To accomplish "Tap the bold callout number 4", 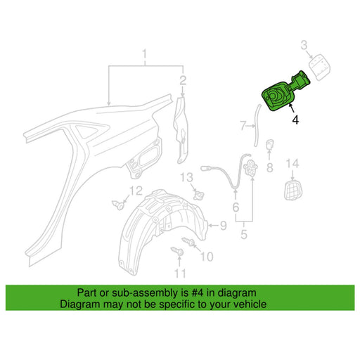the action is tap(295, 120).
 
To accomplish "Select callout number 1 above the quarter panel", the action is tap(145, 54).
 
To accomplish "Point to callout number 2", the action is tap(183, 80).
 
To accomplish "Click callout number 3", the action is tap(304, 45).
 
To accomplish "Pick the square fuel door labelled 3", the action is tap(320, 67).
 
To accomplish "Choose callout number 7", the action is tap(243, 125).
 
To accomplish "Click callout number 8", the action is tap(270, 167).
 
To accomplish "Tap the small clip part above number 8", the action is tap(270, 144).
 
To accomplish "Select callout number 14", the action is tap(292, 163).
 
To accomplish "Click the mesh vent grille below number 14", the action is tap(293, 190).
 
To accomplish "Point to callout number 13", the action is tap(186, 177).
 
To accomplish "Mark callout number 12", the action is tap(136, 191).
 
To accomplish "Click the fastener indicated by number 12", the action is tap(119, 205).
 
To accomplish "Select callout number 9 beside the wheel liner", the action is tap(223, 226).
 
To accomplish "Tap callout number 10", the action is tap(207, 257).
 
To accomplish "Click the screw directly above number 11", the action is tap(177, 251).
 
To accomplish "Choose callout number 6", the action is tap(236, 207).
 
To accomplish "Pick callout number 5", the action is tap(244, 234).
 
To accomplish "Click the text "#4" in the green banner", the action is tap(194, 292).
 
